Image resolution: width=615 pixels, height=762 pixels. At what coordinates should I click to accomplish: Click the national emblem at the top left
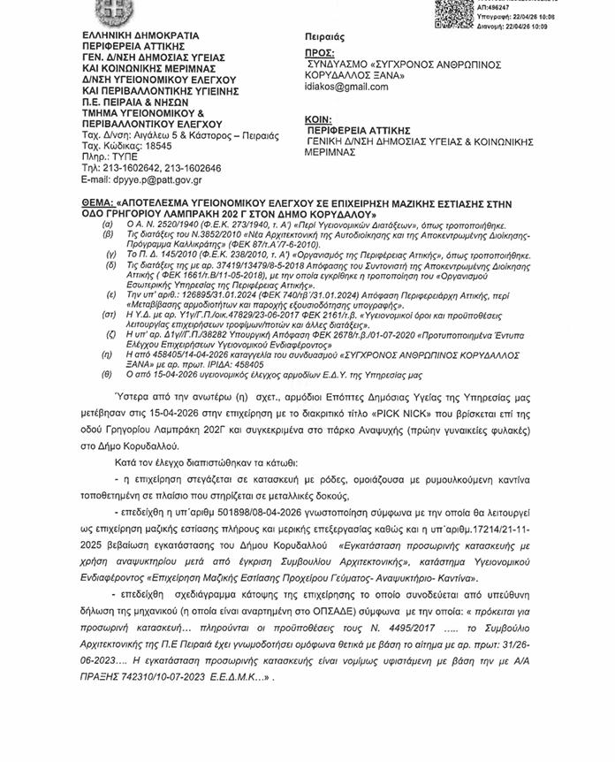111,11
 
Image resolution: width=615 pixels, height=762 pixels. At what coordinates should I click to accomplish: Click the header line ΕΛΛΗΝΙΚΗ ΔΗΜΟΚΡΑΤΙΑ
133,36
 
